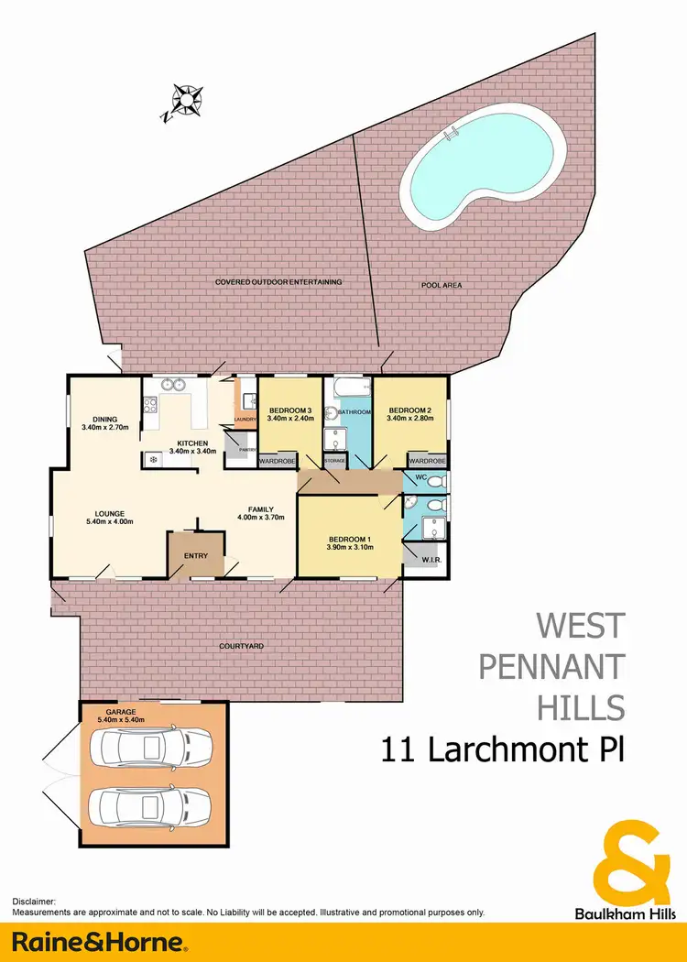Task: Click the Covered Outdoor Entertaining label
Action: (x=278, y=281)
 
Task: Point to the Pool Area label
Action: (x=441, y=286)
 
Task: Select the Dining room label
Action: (x=105, y=422)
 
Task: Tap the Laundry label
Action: (x=245, y=420)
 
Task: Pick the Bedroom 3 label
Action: (x=289, y=413)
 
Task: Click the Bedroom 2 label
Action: (x=409, y=413)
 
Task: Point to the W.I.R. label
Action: (x=427, y=559)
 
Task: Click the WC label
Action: (x=421, y=478)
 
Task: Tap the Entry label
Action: (x=195, y=556)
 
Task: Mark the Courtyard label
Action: (x=242, y=646)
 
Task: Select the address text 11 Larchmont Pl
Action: (x=503, y=751)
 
